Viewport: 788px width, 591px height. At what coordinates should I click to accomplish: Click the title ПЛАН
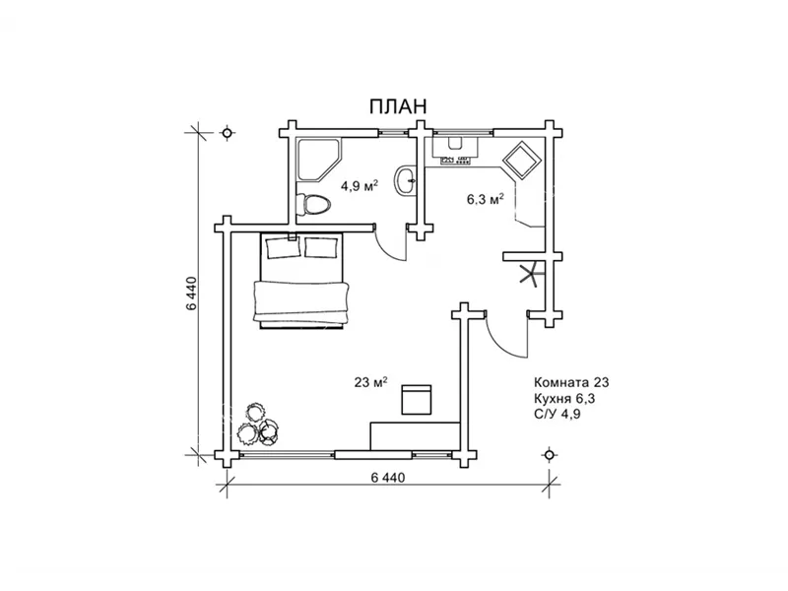pos(398,106)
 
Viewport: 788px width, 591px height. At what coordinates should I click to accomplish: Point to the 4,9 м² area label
pos(360,186)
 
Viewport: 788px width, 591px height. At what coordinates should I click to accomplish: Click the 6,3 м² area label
pos(485,200)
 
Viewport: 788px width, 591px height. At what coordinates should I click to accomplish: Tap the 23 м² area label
pos(371,382)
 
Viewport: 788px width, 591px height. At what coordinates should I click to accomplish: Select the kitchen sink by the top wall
pos(455,143)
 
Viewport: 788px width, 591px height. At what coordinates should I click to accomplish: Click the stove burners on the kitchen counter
pos(456,161)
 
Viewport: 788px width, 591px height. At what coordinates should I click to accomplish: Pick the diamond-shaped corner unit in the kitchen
pos(522,160)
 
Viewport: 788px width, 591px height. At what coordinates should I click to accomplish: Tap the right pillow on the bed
pos(321,248)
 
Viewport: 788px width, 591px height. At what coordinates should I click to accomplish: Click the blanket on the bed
pos(301,301)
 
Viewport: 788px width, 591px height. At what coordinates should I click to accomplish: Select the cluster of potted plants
pos(258,425)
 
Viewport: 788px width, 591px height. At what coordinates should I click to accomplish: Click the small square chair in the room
pos(416,400)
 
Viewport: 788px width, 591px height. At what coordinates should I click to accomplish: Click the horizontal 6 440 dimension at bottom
pos(388,478)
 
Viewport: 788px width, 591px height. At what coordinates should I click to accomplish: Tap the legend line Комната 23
pos(571,382)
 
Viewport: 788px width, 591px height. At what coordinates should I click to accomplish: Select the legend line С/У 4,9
pos(558,414)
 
